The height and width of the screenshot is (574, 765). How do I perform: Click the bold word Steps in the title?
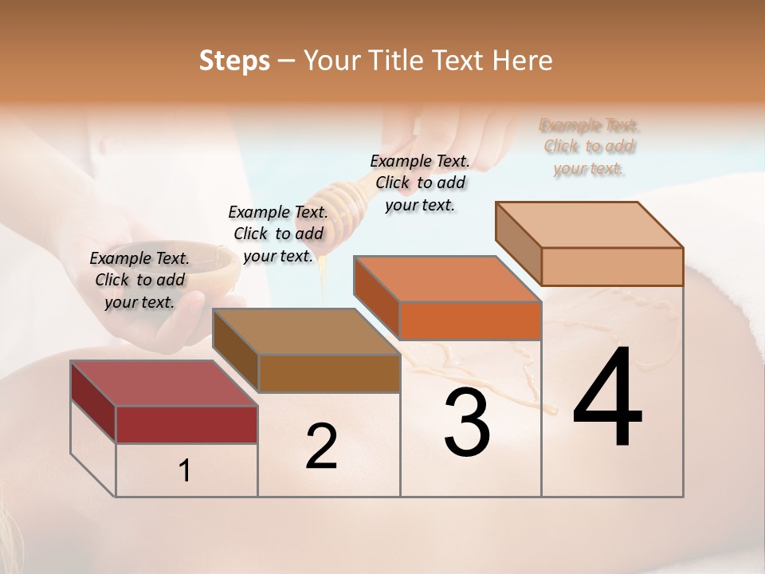tap(234, 61)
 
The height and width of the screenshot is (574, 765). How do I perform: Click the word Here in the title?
tap(524, 61)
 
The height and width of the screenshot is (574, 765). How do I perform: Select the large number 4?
tap(607, 399)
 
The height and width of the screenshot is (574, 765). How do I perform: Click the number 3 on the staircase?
tap(467, 423)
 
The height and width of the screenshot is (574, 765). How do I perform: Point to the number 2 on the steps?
tap(321, 446)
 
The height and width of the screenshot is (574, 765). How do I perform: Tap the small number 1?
tap(185, 470)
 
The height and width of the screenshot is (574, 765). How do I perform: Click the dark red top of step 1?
tap(163, 383)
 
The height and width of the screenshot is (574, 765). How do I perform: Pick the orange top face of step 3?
tap(447, 280)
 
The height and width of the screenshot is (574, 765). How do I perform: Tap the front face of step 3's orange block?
tap(470, 321)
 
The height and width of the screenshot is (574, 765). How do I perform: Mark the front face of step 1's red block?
tap(186, 424)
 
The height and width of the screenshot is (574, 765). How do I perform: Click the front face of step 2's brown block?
tap(328, 373)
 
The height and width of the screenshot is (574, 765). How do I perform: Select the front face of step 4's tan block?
tap(612, 266)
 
